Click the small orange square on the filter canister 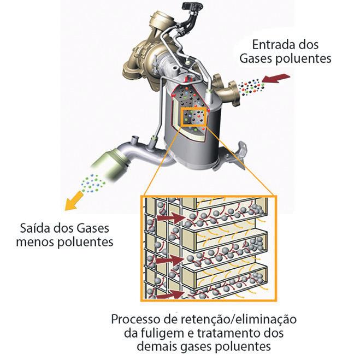pos(194,116)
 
